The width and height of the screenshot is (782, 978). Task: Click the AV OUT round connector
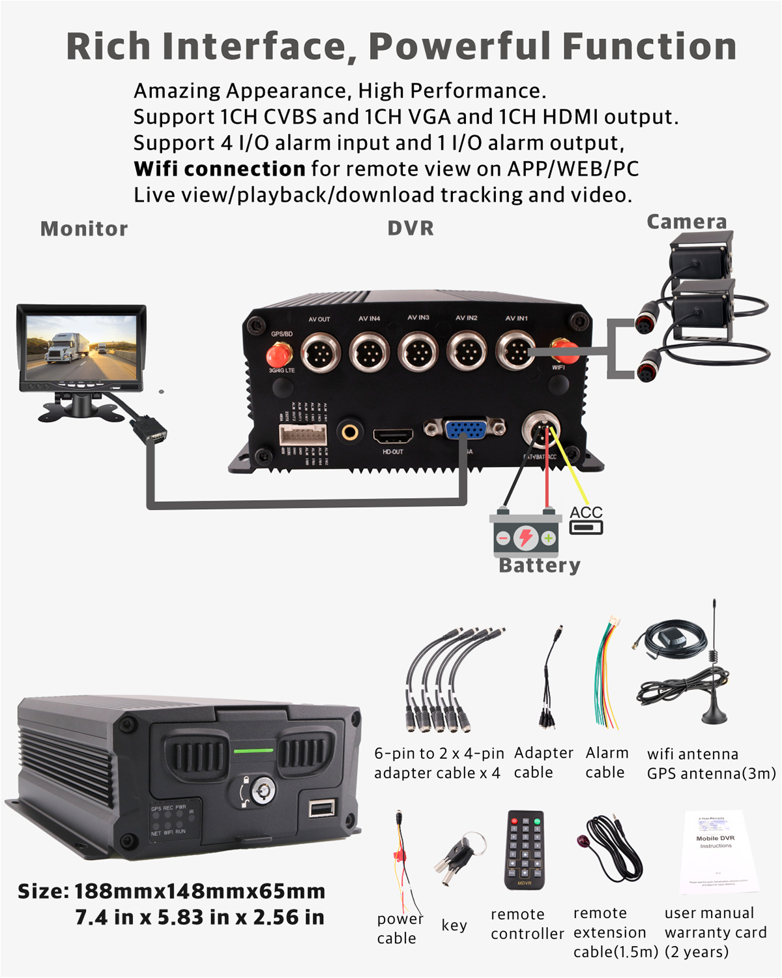[x=321, y=353]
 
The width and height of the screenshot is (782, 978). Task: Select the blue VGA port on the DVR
[x=464, y=430]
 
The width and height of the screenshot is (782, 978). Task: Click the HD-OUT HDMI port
[x=393, y=435]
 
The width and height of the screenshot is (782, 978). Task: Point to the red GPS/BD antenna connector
[x=280, y=355]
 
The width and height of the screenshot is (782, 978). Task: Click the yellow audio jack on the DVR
[x=351, y=431]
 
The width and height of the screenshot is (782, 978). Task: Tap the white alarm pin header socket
[x=303, y=434]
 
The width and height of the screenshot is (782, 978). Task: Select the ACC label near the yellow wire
[x=586, y=512]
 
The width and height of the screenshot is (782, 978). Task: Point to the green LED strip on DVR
[x=253, y=751]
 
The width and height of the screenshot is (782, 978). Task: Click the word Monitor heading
[x=84, y=229]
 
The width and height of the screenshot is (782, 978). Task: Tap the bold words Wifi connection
[x=220, y=169]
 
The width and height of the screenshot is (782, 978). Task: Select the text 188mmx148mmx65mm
[x=199, y=891]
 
